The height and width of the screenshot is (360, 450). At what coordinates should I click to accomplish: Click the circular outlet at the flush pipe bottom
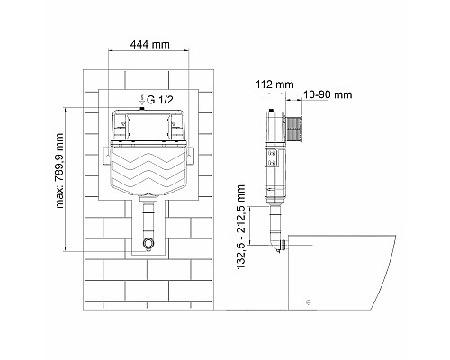(148, 245)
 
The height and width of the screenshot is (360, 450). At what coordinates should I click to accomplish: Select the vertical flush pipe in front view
(148, 220)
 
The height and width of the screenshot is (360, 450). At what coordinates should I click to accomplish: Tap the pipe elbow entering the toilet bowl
(279, 243)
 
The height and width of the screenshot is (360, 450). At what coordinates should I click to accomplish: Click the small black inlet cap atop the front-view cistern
(141, 108)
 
